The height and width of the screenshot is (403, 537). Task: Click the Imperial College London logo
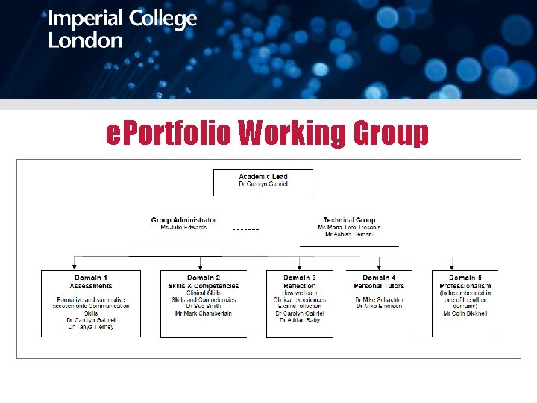(x=122, y=29)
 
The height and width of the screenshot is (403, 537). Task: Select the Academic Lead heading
(x=263, y=176)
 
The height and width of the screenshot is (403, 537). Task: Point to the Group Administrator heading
(x=183, y=220)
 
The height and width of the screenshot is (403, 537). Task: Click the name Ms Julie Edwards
(x=183, y=227)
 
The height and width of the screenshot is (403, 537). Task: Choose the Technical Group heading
(x=349, y=220)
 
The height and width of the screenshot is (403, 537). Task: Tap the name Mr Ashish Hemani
(x=349, y=234)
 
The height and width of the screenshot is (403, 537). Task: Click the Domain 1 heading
(x=91, y=278)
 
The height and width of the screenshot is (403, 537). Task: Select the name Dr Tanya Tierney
(x=91, y=327)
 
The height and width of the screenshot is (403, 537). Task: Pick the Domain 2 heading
(x=204, y=278)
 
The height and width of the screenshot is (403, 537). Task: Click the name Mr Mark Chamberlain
(x=204, y=313)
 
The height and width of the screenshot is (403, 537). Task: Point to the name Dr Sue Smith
(x=204, y=307)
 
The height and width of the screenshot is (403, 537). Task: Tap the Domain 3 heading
(x=299, y=278)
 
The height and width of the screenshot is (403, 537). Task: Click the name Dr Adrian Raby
(x=299, y=320)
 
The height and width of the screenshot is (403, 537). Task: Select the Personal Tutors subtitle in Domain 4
(x=379, y=286)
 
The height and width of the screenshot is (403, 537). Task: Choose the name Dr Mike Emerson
(x=379, y=307)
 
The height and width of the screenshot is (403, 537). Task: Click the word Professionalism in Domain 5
(x=465, y=286)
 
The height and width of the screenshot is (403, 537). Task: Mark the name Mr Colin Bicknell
(x=465, y=313)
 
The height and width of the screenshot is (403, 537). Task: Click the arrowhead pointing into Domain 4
(x=379, y=266)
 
